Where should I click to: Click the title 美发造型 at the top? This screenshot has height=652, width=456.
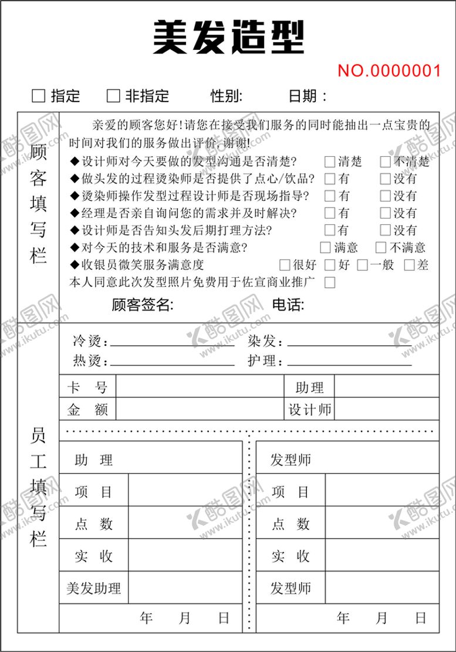click(x=228, y=36)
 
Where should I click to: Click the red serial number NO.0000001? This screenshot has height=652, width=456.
click(x=389, y=71)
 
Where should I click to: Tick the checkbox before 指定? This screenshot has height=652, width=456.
click(x=39, y=96)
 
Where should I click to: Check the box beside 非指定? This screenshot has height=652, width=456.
click(x=113, y=96)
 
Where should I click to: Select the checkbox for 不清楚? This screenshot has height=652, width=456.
click(x=385, y=162)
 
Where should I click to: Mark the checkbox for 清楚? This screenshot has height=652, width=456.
click(x=330, y=162)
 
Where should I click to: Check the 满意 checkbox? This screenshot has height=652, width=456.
click(x=326, y=247)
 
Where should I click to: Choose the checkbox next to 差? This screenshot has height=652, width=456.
click(x=409, y=265)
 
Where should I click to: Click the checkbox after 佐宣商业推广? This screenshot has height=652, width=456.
click(x=330, y=283)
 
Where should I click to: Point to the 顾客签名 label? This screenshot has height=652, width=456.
click(x=142, y=305)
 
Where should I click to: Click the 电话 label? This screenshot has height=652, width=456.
click(x=288, y=305)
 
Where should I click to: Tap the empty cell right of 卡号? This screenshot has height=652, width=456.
click(x=200, y=387)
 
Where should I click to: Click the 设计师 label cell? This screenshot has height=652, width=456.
click(x=309, y=409)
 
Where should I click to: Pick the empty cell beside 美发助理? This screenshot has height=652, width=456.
click(x=185, y=588)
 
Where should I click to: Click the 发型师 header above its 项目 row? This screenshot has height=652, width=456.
click(x=291, y=459)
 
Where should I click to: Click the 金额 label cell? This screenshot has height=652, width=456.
click(x=87, y=409)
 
